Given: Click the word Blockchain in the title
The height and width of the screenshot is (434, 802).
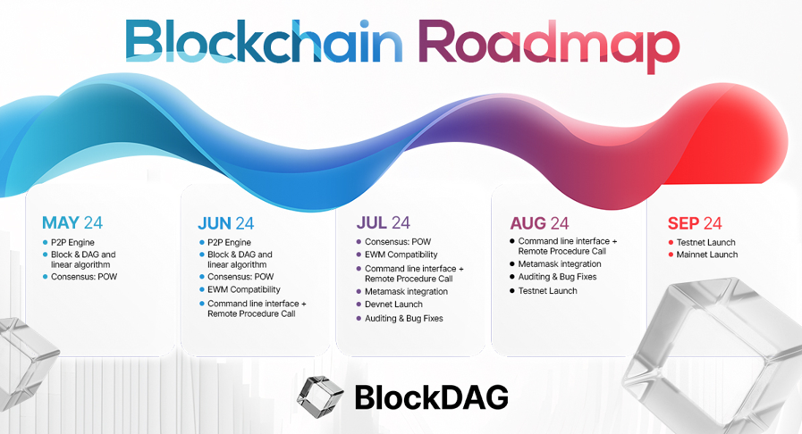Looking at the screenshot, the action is (x=264, y=41).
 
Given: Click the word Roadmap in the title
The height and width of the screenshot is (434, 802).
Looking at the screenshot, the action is (x=549, y=46).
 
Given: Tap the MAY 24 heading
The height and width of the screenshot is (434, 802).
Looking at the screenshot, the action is (x=72, y=222).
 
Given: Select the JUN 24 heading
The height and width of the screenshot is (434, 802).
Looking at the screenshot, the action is (x=225, y=223).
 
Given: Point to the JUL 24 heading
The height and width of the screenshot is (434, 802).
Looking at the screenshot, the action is (x=383, y=222).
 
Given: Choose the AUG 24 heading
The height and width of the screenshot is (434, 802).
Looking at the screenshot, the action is (x=539, y=223).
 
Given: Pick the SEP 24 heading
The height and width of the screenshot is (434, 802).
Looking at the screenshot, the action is (x=694, y=223).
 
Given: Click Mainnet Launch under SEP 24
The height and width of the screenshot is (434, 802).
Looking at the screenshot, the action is (x=707, y=255).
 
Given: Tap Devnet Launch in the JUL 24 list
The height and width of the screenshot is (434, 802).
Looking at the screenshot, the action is (x=393, y=304).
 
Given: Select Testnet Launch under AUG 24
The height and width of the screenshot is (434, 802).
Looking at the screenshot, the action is (x=547, y=290).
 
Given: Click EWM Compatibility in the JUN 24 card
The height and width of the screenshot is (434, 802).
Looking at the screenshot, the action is (x=243, y=289).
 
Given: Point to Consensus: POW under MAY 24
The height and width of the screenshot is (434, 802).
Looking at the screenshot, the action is (x=84, y=277).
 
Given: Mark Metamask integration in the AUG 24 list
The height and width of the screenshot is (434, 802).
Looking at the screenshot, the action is (x=560, y=264).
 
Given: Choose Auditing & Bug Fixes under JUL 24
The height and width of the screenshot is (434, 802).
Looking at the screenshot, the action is (x=403, y=318).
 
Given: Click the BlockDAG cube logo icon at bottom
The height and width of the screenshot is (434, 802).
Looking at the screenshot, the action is (x=321, y=396).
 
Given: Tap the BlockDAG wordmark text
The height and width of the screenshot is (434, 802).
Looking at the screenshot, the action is (x=431, y=397).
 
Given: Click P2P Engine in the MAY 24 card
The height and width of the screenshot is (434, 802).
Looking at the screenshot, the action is (x=72, y=243).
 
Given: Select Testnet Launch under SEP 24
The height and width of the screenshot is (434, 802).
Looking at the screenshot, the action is (x=705, y=243).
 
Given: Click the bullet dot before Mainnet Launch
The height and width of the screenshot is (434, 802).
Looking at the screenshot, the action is (x=671, y=255).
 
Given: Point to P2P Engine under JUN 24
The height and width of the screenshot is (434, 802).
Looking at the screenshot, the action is (x=229, y=243).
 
